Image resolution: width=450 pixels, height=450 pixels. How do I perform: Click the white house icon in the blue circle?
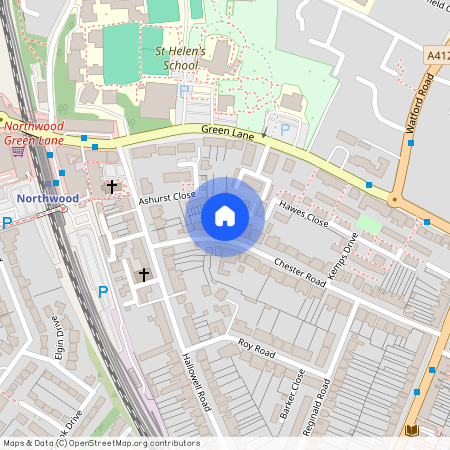[225, 216]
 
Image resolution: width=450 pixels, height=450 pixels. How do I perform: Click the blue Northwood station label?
[47, 198]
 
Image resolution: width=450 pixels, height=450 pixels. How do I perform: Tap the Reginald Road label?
[323, 399]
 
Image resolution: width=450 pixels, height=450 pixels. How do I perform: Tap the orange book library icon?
[410, 431]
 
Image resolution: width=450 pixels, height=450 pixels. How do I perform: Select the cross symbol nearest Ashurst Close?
[112, 186]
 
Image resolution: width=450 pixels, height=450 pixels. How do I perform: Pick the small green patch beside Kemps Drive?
[369, 224]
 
